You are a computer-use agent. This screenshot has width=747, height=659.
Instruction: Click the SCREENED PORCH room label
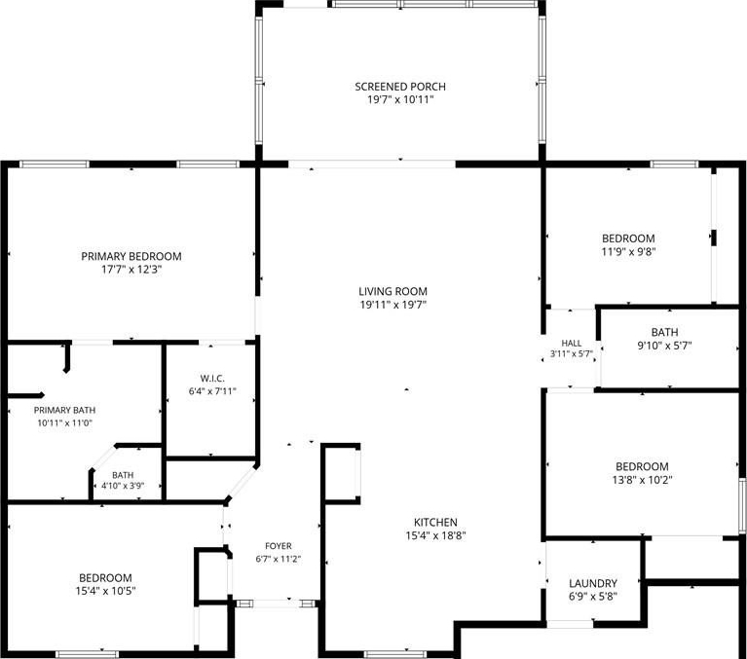click(x=400, y=87)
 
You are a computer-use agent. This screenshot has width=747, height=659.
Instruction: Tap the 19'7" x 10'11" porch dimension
click(x=400, y=100)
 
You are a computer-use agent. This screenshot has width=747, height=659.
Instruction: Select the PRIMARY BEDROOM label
click(x=131, y=256)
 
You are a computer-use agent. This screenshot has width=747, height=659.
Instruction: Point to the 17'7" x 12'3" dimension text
click(x=131, y=270)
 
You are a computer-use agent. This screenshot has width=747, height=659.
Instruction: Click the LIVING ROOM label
click(x=393, y=291)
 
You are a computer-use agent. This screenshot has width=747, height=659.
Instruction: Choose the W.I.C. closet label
click(x=212, y=379)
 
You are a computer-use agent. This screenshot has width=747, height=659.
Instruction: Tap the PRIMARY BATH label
click(x=64, y=410)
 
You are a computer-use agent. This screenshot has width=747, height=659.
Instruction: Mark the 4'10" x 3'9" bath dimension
click(x=123, y=486)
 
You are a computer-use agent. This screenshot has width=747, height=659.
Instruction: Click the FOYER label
click(x=279, y=546)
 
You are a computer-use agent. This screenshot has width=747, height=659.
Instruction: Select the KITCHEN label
click(x=435, y=523)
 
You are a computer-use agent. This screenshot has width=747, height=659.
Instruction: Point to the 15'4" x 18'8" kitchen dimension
click(x=435, y=535)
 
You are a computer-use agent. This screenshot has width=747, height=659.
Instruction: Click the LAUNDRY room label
click(x=593, y=583)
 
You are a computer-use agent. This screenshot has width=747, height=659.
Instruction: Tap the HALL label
click(x=572, y=343)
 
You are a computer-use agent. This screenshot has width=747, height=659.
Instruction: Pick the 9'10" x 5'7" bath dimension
click(x=664, y=346)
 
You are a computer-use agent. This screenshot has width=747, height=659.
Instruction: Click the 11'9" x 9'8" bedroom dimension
click(x=628, y=252)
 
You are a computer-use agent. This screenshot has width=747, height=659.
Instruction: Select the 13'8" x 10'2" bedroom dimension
click(x=642, y=480)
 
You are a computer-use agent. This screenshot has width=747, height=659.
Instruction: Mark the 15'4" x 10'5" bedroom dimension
click(x=106, y=592)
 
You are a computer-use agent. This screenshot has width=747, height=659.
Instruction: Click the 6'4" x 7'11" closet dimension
click(x=212, y=391)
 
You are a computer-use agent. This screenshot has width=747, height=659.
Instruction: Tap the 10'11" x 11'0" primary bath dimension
click(x=65, y=422)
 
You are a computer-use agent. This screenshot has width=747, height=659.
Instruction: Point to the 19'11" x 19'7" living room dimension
click(x=393, y=305)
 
